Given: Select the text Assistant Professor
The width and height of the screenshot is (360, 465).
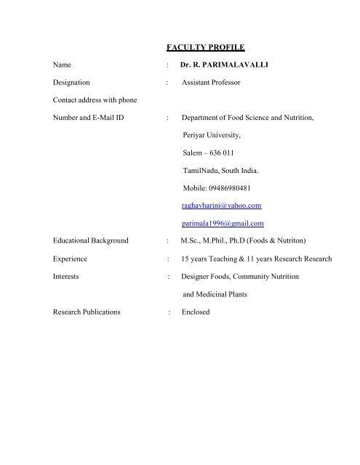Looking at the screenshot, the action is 212,83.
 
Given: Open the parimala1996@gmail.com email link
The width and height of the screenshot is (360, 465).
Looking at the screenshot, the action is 223,222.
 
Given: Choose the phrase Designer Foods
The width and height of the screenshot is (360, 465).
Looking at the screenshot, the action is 208,276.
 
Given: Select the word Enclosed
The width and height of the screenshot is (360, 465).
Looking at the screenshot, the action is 196,312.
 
